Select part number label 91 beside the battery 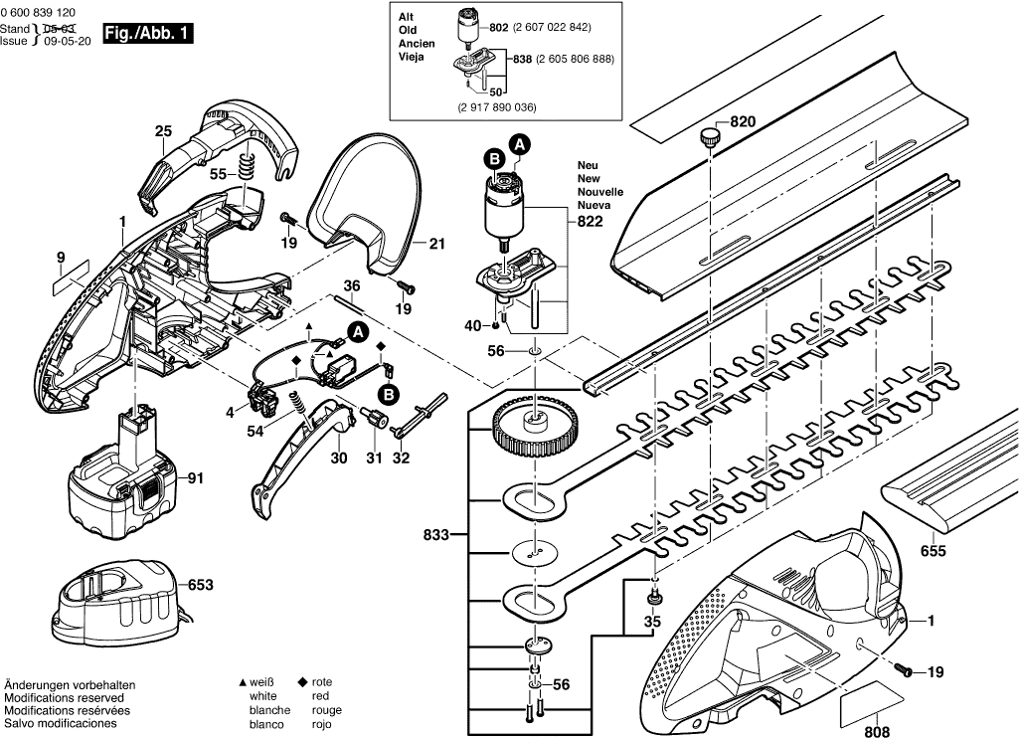click(x=195, y=478)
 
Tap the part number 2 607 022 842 click(x=552, y=27)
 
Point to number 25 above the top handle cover click(x=164, y=130)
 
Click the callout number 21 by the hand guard click(x=437, y=242)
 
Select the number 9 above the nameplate click(x=61, y=259)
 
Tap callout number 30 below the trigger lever click(x=339, y=459)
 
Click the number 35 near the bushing click(x=651, y=623)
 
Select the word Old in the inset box click(x=408, y=31)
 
